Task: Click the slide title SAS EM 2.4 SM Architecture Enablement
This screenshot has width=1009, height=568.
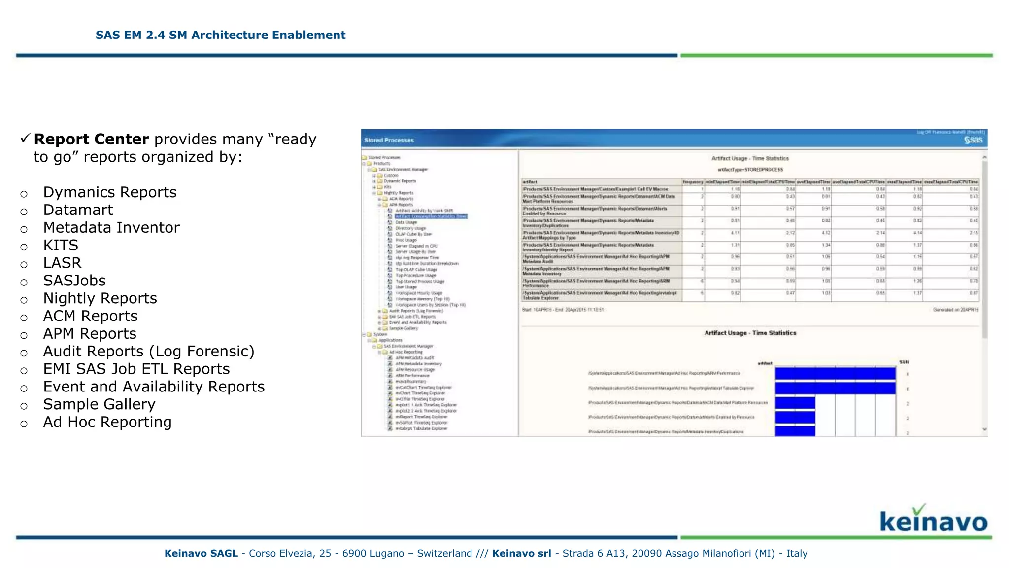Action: [220, 35]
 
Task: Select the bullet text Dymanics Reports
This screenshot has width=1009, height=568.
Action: [109, 192]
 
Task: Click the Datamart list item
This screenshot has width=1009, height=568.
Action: [78, 210]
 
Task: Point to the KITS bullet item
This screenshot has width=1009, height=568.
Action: [61, 246]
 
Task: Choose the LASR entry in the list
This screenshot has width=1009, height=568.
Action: [62, 263]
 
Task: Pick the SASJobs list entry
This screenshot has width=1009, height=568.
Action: [74, 281]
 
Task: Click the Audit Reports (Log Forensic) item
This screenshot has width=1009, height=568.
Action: [148, 352]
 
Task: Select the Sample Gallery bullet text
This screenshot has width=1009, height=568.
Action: [99, 405]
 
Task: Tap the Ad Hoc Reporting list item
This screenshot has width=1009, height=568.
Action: [107, 423]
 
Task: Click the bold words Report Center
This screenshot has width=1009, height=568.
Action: [91, 140]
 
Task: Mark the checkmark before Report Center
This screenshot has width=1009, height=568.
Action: [26, 139]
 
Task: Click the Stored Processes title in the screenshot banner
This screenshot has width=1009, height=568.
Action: [389, 141]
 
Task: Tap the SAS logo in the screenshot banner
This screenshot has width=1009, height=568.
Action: [973, 141]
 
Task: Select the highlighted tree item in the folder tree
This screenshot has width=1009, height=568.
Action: [431, 216]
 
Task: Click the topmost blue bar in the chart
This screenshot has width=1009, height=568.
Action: [835, 374]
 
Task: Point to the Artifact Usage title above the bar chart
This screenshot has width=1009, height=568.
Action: [750, 333]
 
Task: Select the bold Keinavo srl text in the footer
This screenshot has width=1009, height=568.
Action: [521, 554]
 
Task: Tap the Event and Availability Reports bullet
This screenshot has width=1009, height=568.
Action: [154, 387]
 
